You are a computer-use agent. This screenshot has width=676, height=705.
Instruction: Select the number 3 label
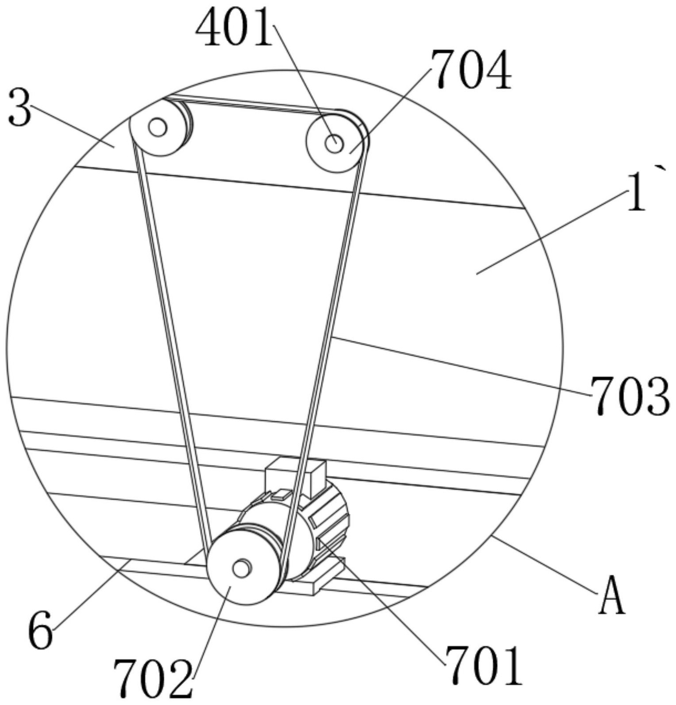[x=20, y=107]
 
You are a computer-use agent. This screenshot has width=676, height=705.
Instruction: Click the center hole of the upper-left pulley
[x=158, y=128]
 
